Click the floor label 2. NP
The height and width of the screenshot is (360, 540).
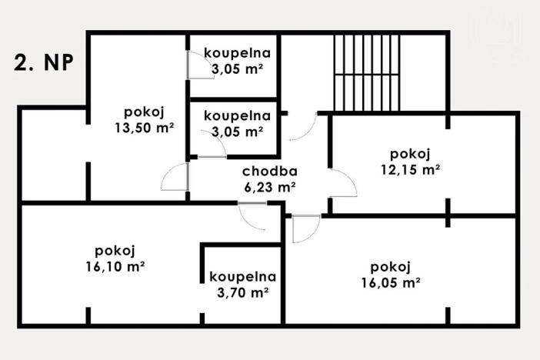[x=44, y=63]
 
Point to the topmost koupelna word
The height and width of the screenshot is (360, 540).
[x=237, y=53]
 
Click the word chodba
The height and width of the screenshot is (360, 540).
[x=269, y=172]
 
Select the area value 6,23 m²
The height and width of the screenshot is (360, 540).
[x=269, y=186]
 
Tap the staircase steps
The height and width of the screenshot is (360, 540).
[x=367, y=74]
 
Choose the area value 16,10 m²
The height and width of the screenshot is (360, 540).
[x=116, y=266]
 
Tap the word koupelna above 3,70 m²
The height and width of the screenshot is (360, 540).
[x=242, y=277]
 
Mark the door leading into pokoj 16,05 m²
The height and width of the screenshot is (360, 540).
[x=306, y=228]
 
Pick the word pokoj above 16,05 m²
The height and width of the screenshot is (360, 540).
[x=390, y=267]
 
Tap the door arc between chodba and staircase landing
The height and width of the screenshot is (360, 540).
[x=304, y=128]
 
